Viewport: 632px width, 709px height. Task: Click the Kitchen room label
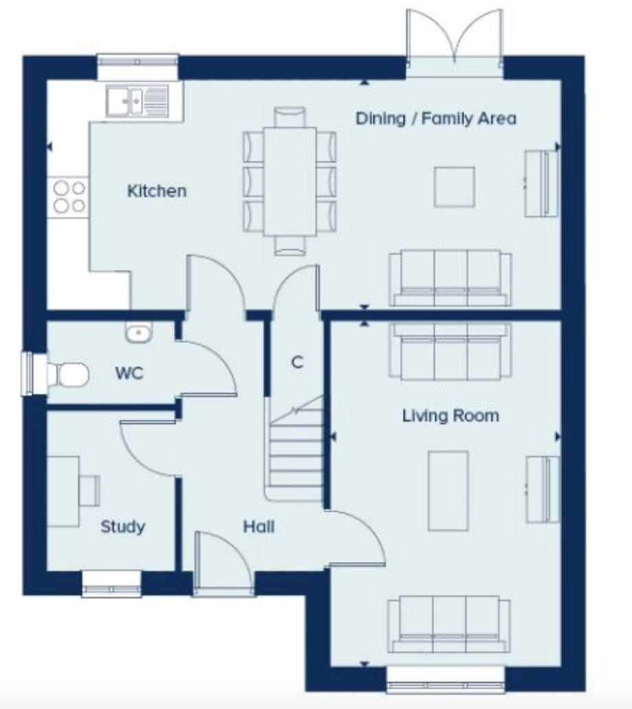click(x=157, y=190)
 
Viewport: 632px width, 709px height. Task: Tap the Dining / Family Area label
click(x=435, y=118)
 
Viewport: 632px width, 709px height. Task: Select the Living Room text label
click(x=450, y=415)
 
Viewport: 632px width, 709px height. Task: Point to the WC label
click(x=129, y=374)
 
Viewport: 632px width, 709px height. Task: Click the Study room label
click(x=123, y=527)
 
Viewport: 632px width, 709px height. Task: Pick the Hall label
click(x=259, y=527)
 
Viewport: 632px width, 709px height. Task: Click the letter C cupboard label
click(x=297, y=362)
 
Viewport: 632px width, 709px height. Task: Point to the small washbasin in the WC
click(x=138, y=333)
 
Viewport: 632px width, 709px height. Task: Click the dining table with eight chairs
click(x=290, y=181)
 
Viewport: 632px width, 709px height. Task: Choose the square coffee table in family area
click(x=454, y=186)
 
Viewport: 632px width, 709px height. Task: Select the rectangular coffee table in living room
click(x=448, y=491)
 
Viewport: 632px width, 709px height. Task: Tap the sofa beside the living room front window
click(x=448, y=623)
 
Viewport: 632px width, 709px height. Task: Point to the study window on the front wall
click(x=111, y=585)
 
